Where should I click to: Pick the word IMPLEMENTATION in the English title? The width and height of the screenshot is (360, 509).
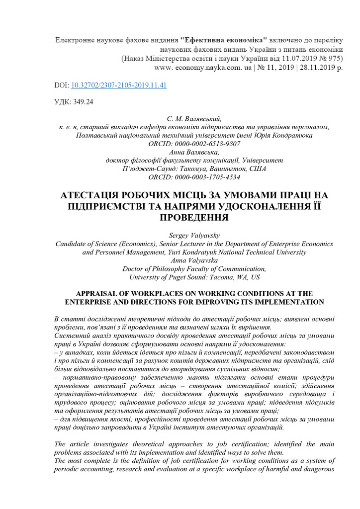[x=286, y=302]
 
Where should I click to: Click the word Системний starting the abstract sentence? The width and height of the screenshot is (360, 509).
[x=71, y=336]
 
